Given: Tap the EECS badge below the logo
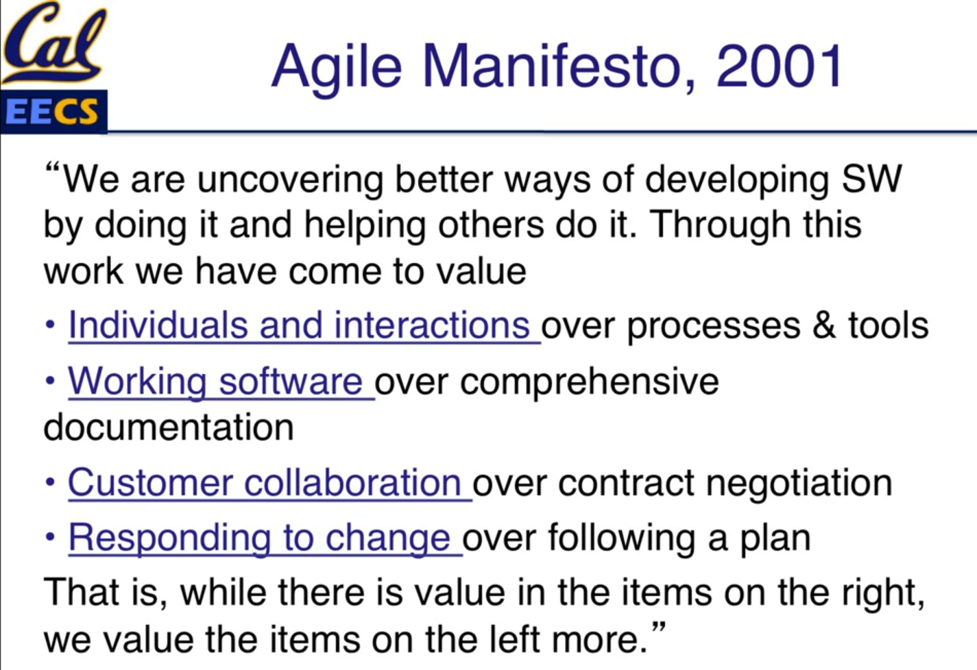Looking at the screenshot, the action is tap(53, 112).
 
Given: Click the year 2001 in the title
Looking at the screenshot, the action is tap(779, 66).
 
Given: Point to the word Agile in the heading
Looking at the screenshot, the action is tap(336, 70).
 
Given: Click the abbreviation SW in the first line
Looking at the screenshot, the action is tap(871, 179).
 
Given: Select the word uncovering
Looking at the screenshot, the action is tap(290, 181).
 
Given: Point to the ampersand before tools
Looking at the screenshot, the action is tap(823, 326).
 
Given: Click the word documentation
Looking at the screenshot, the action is tap(169, 427).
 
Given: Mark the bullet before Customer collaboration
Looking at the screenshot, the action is tap(50, 482).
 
